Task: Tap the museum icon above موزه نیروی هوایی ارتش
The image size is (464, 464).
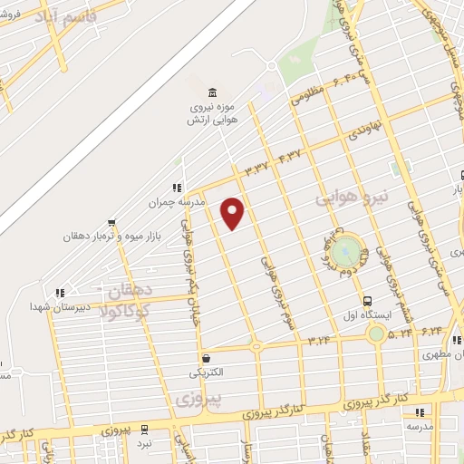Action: coord(212,93)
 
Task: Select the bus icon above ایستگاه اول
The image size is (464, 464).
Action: coord(368,301)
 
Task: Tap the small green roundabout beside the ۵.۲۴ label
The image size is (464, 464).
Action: coord(375,333)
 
